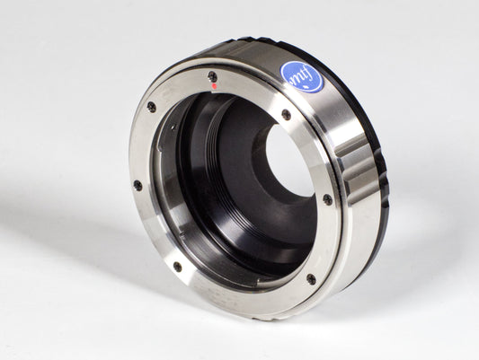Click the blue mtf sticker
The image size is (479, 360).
[302, 77]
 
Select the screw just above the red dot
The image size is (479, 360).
[212, 76]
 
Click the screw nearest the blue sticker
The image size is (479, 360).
[286, 115]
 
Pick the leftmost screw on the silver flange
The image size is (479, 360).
[137, 185]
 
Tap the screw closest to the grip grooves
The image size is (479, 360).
[327, 199]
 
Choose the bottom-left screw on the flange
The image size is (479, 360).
[177, 266]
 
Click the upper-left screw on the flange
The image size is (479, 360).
[151, 107]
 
